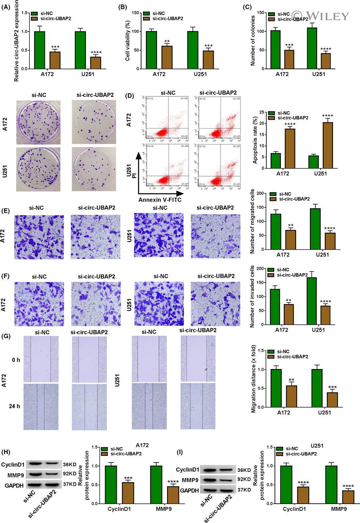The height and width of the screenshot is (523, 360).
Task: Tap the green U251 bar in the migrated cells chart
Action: [315, 229]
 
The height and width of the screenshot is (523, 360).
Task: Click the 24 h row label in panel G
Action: [15, 406]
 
